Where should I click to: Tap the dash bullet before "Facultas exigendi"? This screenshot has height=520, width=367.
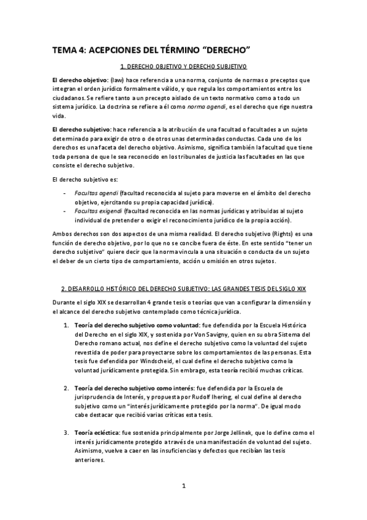(x=66, y=210)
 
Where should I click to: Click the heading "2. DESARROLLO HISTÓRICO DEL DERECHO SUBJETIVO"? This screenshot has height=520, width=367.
(x=183, y=288)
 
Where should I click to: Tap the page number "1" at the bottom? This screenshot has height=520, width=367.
(x=183, y=487)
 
